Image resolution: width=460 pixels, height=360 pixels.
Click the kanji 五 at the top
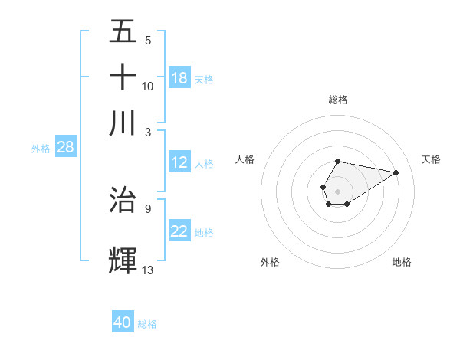[123, 32]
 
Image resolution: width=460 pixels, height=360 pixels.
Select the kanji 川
[123, 123]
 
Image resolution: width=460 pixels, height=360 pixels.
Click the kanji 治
[123, 199]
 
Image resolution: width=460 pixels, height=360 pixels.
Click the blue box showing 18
[179, 78]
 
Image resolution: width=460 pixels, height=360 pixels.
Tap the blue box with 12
[179, 162]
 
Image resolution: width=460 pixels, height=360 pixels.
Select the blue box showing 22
[179, 231]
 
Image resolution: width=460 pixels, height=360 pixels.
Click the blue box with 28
[65, 148]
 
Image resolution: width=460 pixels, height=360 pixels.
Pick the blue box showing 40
[123, 322]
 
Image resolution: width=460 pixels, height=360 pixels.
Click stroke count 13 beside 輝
[148, 270]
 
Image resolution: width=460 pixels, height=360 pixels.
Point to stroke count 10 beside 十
[148, 86]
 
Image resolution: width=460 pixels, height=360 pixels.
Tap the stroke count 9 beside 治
[148, 208]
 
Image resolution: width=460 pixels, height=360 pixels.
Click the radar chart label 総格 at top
[338, 100]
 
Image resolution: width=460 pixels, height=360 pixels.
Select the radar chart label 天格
[432, 159]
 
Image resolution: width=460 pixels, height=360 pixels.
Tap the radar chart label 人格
[245, 159]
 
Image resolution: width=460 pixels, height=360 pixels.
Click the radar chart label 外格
[270, 262]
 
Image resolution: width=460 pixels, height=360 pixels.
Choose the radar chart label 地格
[402, 262]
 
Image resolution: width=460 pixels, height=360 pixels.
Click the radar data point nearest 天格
[396, 172]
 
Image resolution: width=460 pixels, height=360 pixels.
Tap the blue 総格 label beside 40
[147, 324]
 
